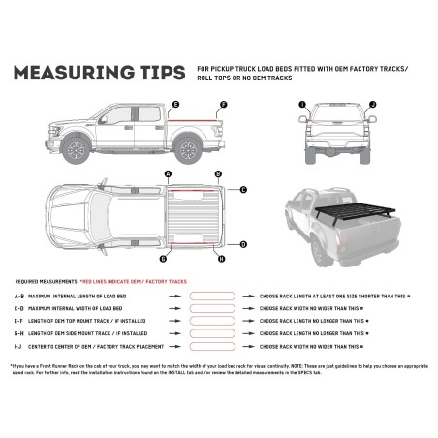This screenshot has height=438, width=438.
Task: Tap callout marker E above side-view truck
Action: tap(174, 103)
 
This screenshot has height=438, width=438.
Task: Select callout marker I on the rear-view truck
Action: tap(302, 103)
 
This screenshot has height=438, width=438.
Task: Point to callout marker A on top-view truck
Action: tap(169, 174)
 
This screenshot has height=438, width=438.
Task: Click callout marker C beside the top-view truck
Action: tap(243, 190)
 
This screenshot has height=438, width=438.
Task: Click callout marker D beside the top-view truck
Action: tap(243, 244)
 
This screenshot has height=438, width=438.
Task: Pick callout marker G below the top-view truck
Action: tap(164, 260)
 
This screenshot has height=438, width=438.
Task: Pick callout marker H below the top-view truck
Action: tap(222, 260)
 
